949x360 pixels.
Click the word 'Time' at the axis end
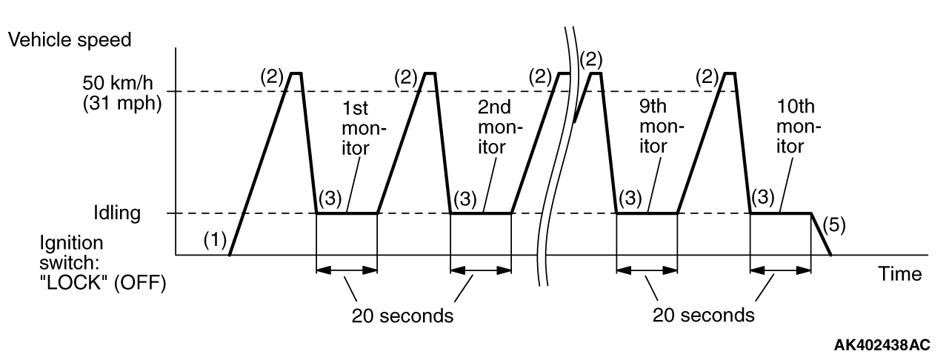(900, 274)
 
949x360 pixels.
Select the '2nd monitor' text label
(492, 130)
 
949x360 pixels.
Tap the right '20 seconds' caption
(704, 316)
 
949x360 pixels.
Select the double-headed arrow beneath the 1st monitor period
(347, 270)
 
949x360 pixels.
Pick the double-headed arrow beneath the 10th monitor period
(780, 270)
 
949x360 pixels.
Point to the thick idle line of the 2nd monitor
(482, 213)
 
